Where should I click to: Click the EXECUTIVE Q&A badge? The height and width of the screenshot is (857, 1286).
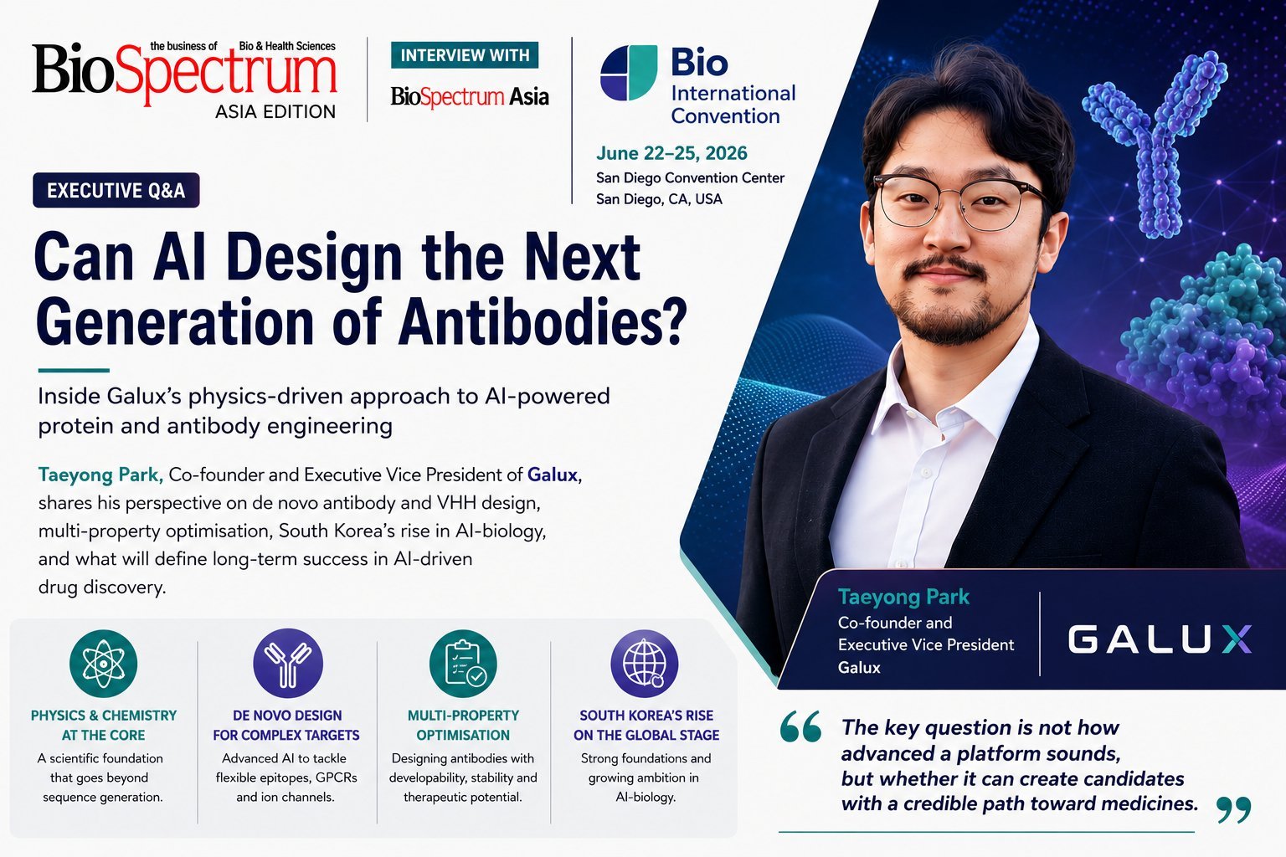(x=116, y=190)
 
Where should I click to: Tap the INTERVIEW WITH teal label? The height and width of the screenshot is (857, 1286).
(x=465, y=55)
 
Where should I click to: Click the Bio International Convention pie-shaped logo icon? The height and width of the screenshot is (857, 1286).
(x=629, y=73)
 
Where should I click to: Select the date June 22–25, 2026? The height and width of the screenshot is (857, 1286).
(x=671, y=153)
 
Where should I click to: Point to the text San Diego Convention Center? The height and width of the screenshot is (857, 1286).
(x=690, y=178)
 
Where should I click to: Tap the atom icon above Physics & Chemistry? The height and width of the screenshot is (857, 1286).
(x=103, y=664)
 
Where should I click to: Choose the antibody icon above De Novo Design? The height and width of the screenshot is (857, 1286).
(x=288, y=664)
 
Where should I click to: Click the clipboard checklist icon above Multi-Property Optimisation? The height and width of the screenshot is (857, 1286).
(x=463, y=664)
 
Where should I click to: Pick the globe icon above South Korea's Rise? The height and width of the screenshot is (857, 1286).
(x=644, y=664)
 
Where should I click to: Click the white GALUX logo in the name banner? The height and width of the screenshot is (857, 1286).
(x=1160, y=639)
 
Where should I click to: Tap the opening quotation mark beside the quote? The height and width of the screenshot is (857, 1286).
(x=800, y=726)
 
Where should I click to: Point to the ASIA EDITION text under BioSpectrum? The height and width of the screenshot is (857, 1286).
(x=275, y=111)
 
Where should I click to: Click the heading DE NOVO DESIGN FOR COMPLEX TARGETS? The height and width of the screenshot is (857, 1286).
(x=286, y=725)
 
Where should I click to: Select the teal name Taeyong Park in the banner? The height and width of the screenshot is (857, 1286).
(x=903, y=597)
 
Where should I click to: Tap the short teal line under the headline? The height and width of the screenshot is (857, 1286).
(x=74, y=371)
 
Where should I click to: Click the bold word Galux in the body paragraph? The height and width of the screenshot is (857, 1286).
(x=553, y=475)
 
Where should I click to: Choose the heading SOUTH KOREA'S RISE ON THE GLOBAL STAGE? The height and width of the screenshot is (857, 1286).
(x=646, y=725)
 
